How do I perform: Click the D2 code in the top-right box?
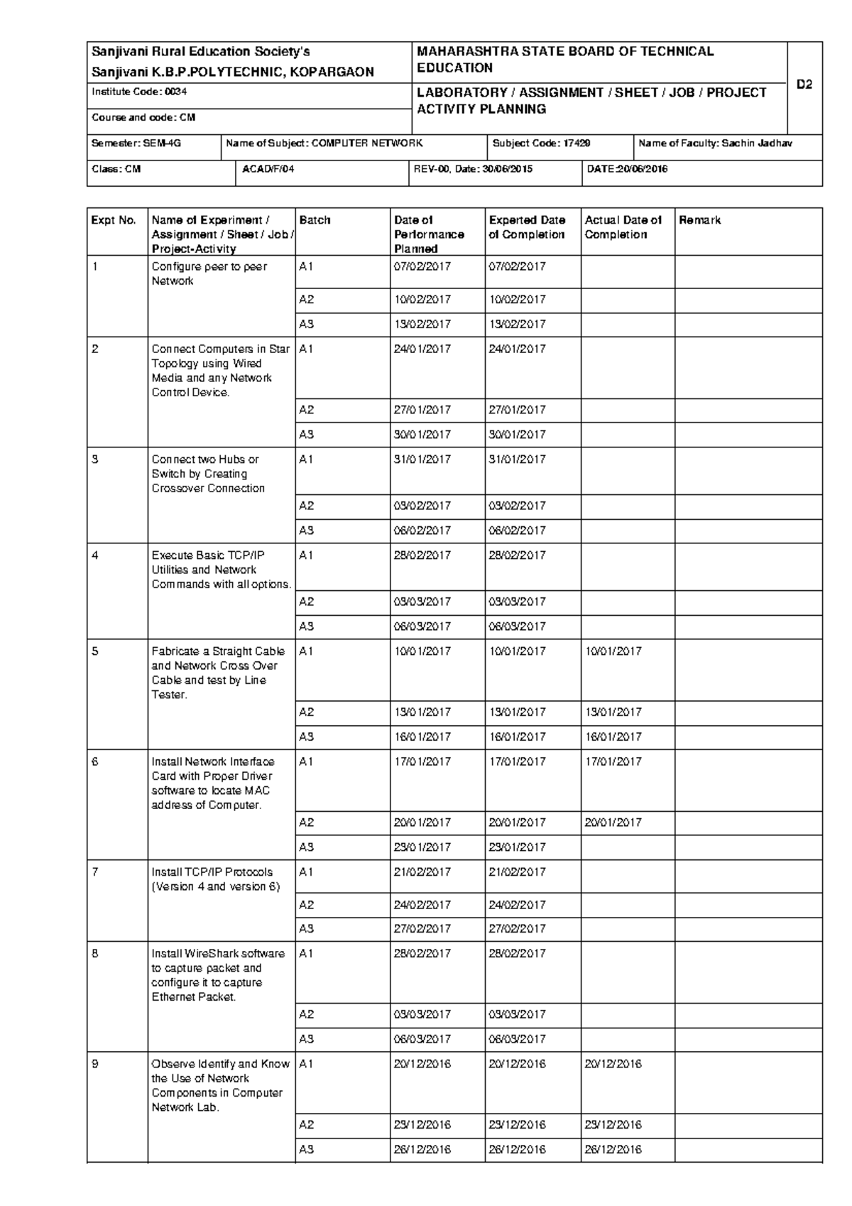click(804, 85)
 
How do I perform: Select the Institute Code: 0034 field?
click(139, 92)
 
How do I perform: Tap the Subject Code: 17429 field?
click(541, 143)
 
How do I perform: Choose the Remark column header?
click(699, 220)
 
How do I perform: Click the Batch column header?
click(315, 220)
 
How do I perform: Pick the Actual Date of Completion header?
click(623, 227)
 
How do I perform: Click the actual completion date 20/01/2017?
click(613, 822)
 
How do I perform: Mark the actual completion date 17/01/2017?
click(613, 761)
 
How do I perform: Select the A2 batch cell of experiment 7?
click(306, 905)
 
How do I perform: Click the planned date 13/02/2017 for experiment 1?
click(422, 324)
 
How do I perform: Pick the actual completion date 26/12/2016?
click(613, 1149)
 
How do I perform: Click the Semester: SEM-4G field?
click(136, 143)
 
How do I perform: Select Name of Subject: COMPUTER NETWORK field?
click(324, 143)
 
